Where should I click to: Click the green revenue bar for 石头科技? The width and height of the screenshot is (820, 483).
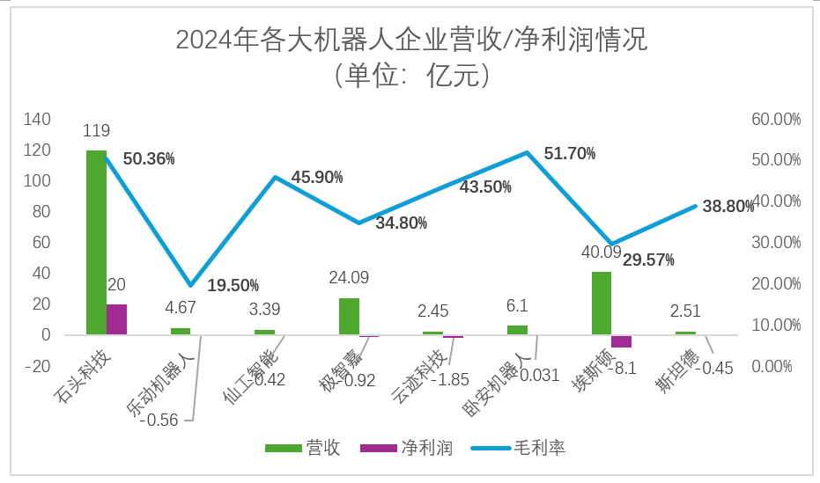pos(96,242)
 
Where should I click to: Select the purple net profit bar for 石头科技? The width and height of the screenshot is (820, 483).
pos(116,319)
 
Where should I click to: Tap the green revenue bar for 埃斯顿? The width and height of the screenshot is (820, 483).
pos(601,304)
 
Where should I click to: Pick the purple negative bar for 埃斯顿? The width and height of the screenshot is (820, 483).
pos(621,341)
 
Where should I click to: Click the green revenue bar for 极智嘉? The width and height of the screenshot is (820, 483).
pos(349,317)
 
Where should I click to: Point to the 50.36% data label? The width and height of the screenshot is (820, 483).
pos(149,159)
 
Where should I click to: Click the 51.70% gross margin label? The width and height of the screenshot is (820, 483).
pos(570,154)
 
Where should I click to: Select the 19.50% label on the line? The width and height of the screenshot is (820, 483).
pos(233,285)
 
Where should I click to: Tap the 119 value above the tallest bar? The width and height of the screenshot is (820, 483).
pos(96,131)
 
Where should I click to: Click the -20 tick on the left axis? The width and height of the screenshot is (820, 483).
pos(40,366)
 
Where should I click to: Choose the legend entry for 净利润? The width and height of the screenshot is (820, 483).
pos(426,449)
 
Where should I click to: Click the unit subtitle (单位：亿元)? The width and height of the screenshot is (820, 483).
pos(410,76)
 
